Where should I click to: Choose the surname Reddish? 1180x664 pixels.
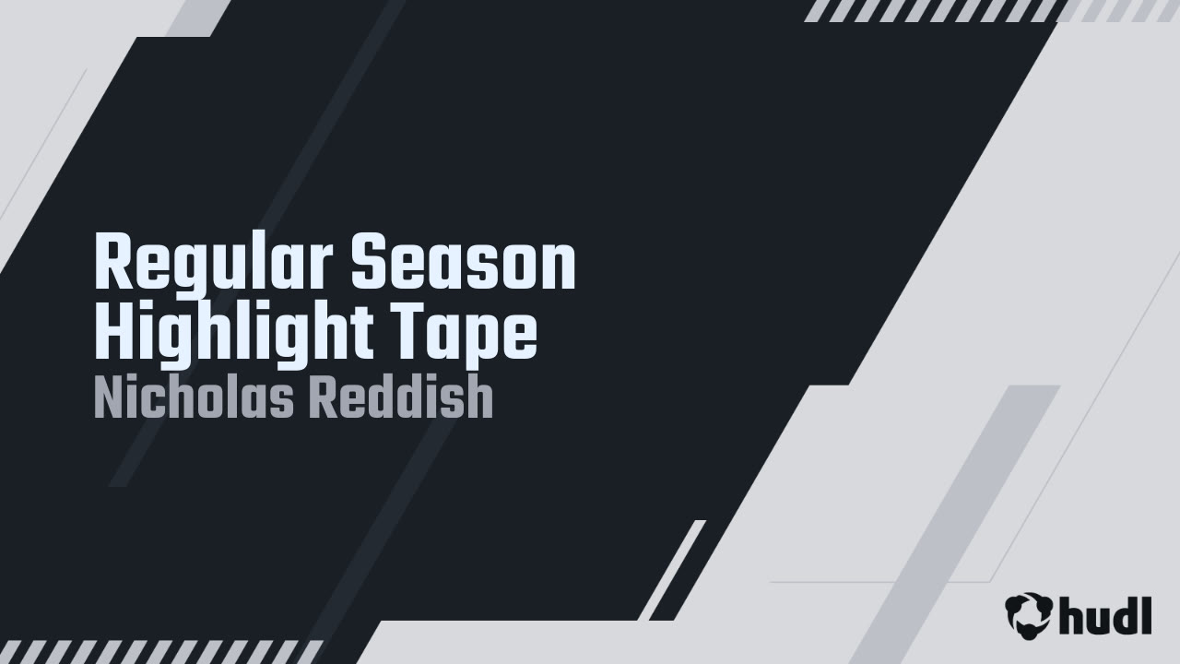pos(401,398)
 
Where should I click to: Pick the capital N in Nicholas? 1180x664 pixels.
pos(108,398)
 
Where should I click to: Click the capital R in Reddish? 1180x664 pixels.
pos(322,398)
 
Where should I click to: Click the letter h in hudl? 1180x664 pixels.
pos(1071,614)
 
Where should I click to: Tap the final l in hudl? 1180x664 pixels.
pos(1145,614)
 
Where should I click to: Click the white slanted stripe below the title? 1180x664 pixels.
pos(672,570)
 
